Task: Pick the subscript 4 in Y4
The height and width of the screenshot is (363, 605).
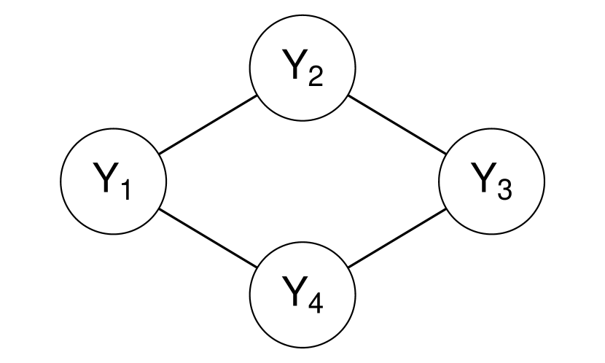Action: (314, 302)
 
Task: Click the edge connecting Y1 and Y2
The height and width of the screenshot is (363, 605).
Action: (208, 124)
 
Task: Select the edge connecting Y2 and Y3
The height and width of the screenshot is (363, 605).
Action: (397, 124)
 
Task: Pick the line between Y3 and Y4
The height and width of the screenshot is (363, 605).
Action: (397, 238)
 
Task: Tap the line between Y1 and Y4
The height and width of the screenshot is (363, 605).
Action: (208, 238)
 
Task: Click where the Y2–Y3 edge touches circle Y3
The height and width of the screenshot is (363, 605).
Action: (446, 153)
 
